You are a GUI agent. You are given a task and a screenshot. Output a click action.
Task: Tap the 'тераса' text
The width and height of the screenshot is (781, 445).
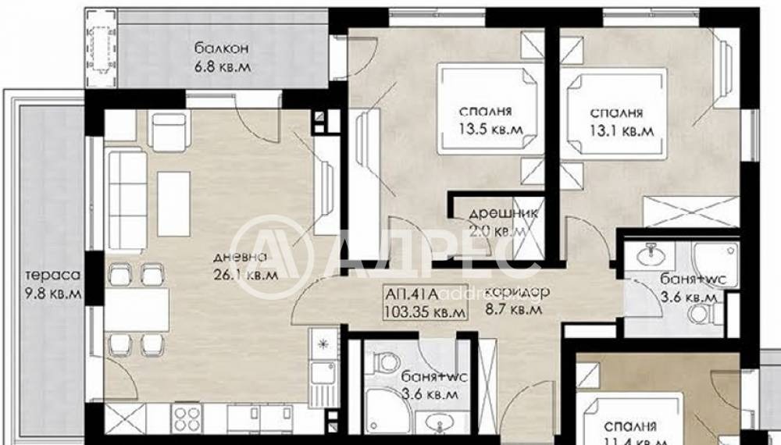pyautogui.click(x=48, y=276)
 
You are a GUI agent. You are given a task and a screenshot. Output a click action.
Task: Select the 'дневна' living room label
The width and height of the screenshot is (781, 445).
pyautogui.click(x=243, y=258)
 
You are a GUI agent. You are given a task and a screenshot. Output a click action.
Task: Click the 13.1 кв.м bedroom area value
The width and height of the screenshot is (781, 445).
pyautogui.click(x=622, y=130)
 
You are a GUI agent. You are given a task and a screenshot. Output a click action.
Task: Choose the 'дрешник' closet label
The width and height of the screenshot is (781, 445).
pyautogui.click(x=497, y=215)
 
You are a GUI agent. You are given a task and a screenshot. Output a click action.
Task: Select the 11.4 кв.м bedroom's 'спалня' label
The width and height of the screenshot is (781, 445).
pyautogui.click(x=629, y=426)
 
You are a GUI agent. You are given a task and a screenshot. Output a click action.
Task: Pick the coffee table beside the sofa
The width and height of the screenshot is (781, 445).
pyautogui.click(x=174, y=204)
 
